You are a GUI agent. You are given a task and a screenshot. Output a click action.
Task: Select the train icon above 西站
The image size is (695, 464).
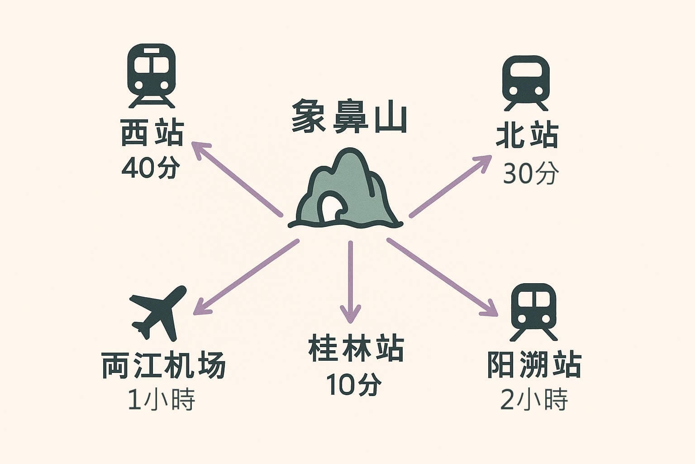click(x=151, y=75)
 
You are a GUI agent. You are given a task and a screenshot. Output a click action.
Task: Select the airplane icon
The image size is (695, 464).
click(x=158, y=311)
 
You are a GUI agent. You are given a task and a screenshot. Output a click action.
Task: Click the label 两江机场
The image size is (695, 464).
click(x=163, y=365)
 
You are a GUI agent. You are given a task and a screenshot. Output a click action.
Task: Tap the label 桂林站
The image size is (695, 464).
click(x=356, y=348)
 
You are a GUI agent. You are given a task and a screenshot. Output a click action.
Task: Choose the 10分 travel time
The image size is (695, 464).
click(x=353, y=384)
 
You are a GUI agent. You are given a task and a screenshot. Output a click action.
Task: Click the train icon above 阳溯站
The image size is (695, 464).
click(x=533, y=311)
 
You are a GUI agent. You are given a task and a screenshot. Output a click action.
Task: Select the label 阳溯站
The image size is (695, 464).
click(x=534, y=365)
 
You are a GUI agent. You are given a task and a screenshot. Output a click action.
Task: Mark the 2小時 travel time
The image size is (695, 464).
click(x=534, y=400)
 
